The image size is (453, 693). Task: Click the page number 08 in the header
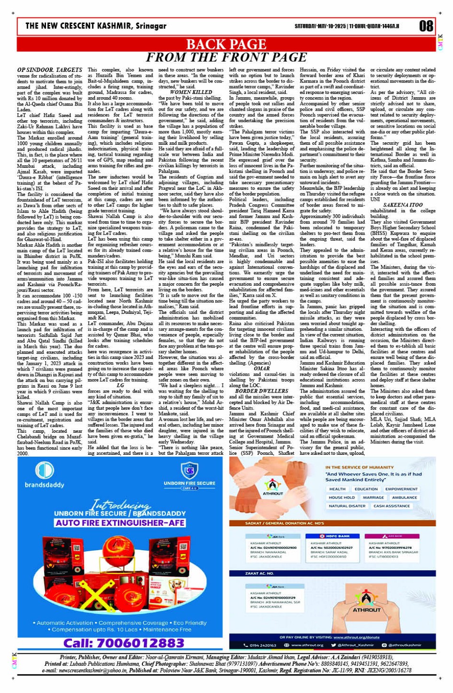(426, 26)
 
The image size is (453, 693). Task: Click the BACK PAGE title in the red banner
(226, 45)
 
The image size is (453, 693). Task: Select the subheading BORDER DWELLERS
(262, 391)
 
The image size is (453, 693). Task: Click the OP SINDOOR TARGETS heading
(50, 70)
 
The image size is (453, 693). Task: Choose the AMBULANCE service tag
(405, 497)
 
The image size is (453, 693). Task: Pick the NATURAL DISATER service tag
(347, 506)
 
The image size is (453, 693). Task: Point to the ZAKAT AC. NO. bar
(259, 573)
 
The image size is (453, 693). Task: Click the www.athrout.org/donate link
(356, 637)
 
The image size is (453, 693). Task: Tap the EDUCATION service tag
(366, 489)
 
